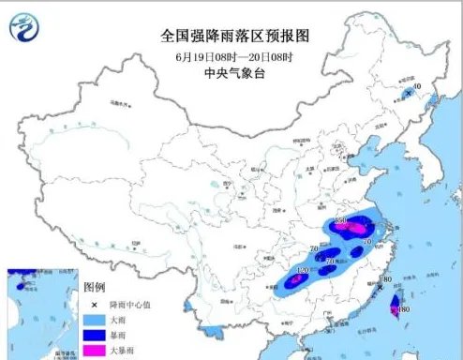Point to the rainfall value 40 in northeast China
point(417,87)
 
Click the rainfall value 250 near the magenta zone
point(341,221)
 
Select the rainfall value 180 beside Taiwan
point(403,310)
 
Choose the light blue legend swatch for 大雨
point(92,319)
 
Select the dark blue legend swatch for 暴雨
point(92,333)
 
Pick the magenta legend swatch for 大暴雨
point(92,348)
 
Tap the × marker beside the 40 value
point(408,93)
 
